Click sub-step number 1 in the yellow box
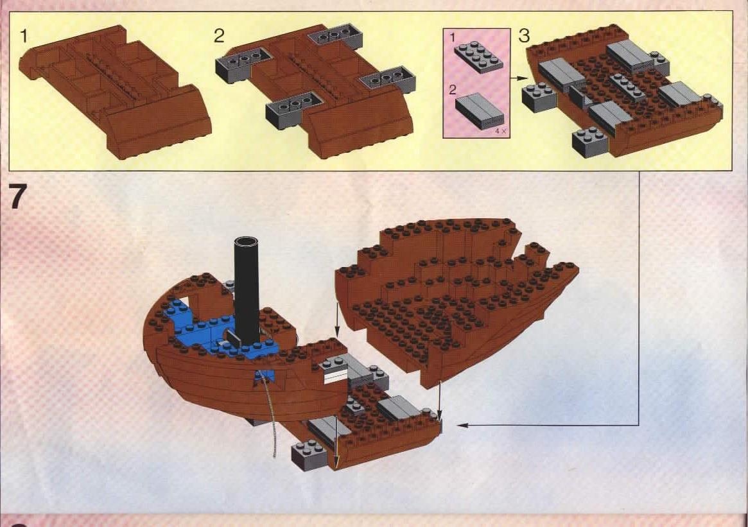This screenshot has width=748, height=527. coord(24,37)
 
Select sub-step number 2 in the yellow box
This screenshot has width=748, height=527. coord(220,37)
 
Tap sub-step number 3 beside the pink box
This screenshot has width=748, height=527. coord(525,37)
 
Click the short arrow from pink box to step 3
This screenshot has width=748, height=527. coord(518,78)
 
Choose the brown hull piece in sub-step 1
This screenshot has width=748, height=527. coord(116,90)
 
